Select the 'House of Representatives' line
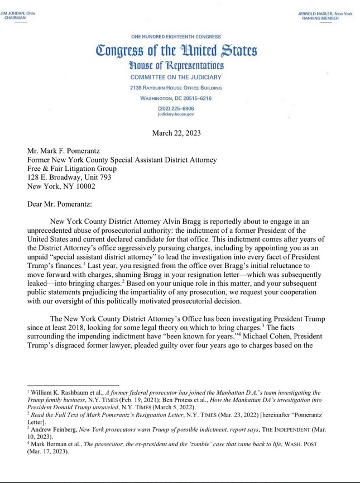[176, 66]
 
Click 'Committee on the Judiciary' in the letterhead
[176, 77]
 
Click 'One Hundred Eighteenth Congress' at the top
[176, 36]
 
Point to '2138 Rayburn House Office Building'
[176, 88]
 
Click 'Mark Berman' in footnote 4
[49, 446]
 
